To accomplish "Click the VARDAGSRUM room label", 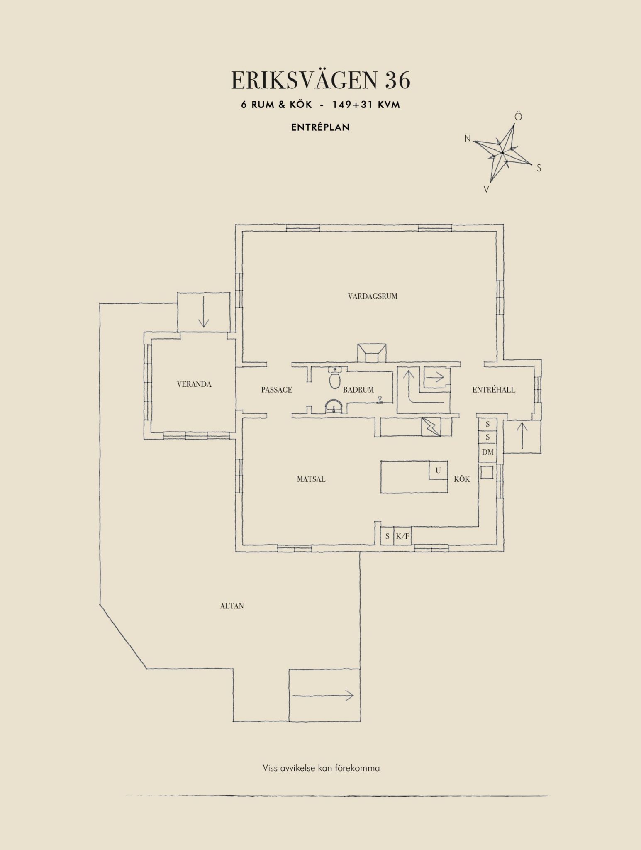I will tap(373, 296).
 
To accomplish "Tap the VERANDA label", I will tap(194, 384).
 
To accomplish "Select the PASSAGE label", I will tap(277, 390).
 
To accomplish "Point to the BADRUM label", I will tap(358, 390).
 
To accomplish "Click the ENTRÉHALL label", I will tap(494, 390).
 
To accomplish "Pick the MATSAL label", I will tap(311, 479).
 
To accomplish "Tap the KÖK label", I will tap(462, 479).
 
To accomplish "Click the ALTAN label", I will tap(232, 606).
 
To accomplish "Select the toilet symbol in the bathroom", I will tap(335, 380).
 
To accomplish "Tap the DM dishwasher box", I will tap(488, 452).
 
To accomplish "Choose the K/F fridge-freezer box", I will tap(402, 536).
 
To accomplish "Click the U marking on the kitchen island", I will tap(438, 471).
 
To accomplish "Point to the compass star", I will tap(502, 153).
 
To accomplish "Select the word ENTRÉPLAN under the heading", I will tap(320, 128).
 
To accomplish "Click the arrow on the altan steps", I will tap(323, 696).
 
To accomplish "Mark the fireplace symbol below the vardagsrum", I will tap(372, 353).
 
